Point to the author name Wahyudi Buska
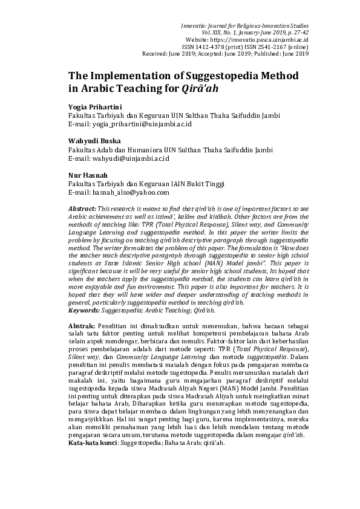(93, 141)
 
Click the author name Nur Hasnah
(87, 175)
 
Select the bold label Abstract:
(82, 208)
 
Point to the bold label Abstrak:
(81, 325)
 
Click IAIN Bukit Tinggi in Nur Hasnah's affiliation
(201, 184)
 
